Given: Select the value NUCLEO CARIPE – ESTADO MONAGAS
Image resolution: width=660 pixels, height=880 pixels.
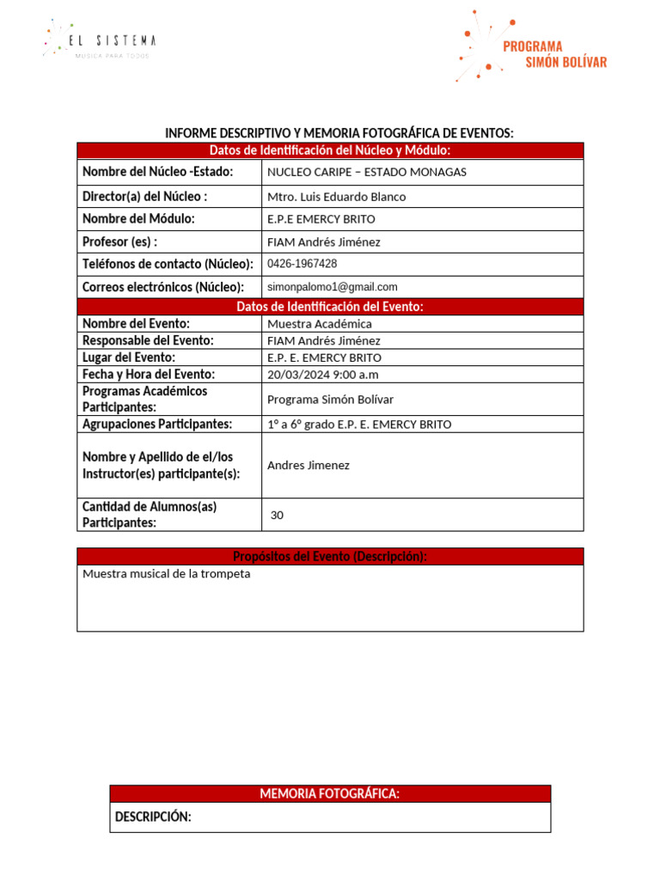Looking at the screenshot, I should click(367, 172).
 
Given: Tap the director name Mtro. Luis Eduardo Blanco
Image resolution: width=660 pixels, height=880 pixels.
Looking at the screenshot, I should click(337, 197).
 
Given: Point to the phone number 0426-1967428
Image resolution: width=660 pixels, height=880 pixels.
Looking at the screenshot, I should click(302, 264).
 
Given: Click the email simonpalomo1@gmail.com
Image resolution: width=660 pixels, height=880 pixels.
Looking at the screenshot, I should click(333, 287).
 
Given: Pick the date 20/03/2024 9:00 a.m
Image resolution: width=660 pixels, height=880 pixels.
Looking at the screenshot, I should click(323, 375).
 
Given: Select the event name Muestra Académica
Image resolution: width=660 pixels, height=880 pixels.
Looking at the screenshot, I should click(320, 324).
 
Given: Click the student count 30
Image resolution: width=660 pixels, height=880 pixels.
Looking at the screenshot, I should click(277, 516).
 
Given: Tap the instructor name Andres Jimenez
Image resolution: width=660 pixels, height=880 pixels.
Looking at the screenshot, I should click(309, 465).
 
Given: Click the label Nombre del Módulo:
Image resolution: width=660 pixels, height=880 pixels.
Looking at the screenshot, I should click(138, 219).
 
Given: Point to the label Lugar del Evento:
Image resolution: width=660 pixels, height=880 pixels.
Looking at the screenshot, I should click(129, 357).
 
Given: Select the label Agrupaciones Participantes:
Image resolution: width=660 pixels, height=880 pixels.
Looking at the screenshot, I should click(157, 425).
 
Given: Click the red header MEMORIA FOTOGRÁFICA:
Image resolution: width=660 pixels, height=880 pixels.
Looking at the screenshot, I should click(330, 794).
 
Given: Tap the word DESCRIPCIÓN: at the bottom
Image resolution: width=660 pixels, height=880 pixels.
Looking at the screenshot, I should click(153, 817).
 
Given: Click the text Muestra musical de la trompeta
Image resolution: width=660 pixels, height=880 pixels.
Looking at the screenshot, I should click(167, 574).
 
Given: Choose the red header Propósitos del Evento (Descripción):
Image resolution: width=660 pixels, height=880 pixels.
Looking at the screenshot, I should click(330, 557).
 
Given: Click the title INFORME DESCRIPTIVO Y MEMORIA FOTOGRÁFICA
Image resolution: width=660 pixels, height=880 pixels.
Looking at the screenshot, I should click(339, 133).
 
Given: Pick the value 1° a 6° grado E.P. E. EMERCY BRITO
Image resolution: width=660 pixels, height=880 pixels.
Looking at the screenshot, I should click(359, 425).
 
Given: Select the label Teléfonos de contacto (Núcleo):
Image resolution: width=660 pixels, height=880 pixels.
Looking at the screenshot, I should click(168, 264).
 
